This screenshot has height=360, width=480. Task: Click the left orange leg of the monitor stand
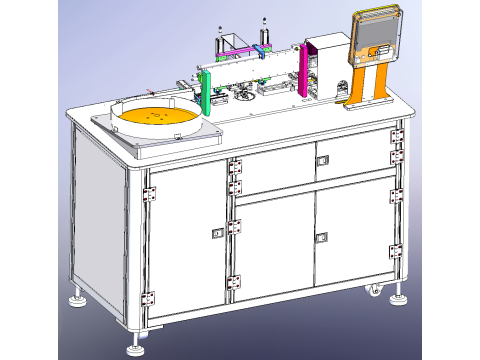point(356,87)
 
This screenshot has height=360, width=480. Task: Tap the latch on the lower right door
point(321,237)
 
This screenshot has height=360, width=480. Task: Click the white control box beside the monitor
point(324,65)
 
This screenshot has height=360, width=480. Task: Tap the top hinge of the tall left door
point(151,191)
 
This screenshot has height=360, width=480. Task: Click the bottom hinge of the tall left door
point(151,297)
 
